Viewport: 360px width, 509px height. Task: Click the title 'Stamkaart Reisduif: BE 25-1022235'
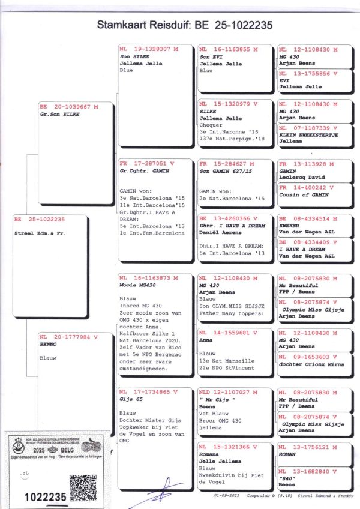[180, 25]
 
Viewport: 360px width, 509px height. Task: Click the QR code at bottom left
[82, 487]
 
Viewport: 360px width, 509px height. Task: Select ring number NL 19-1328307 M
[145, 49]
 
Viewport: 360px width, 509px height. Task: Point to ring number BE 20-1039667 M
[67, 106]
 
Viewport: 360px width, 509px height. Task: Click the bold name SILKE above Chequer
[208, 111]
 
